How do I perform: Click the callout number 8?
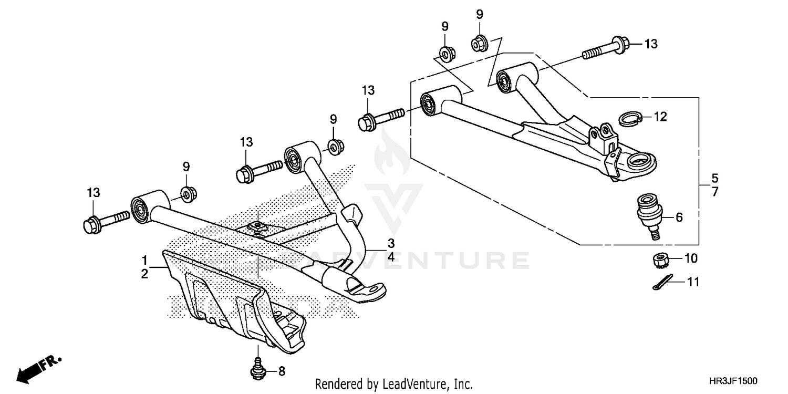(282, 372)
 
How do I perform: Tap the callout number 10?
(690, 258)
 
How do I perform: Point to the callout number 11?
(693, 283)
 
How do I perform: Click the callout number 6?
(679, 216)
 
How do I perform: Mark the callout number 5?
(714, 178)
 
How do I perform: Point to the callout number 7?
(714, 192)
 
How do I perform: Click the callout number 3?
(391, 243)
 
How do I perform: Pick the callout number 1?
(143, 260)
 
